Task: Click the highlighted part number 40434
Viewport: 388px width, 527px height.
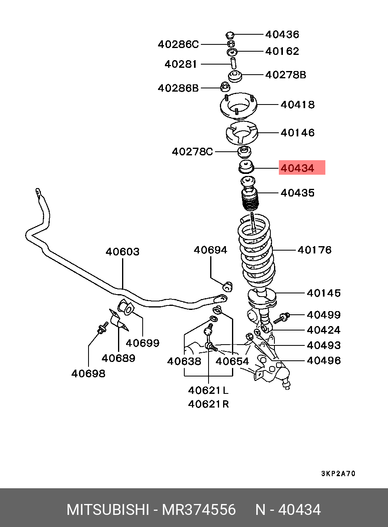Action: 297,168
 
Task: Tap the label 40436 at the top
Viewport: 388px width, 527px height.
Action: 282,34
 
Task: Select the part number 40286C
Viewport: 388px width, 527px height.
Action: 178,44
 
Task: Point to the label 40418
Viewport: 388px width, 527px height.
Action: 297,105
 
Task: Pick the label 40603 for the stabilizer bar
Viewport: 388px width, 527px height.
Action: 122,252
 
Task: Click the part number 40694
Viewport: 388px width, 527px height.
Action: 210,250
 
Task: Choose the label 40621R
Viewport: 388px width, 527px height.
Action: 208,404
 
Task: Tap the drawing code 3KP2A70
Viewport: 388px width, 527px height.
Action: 338,473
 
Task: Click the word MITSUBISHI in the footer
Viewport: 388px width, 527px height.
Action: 108,510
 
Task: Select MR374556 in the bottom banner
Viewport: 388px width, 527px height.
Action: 199,510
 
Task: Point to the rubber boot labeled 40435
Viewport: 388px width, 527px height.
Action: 249,198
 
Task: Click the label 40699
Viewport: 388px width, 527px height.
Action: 142,343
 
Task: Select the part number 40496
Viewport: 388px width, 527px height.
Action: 323,360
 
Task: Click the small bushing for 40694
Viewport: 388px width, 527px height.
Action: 228,287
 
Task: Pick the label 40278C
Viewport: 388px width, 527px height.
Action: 192,152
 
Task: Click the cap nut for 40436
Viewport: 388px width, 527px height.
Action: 230,34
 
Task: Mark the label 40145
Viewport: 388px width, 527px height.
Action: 323,293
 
